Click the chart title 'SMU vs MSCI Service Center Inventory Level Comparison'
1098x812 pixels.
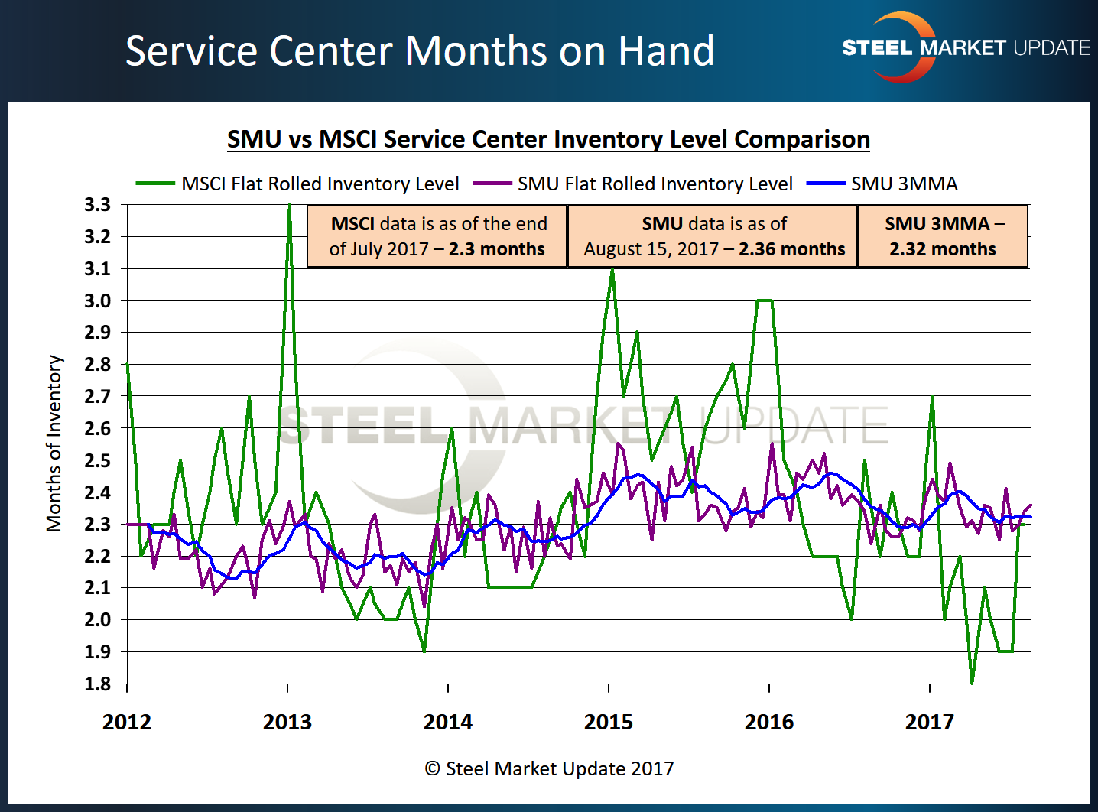(x=548, y=139)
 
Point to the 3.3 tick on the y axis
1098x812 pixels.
(x=98, y=205)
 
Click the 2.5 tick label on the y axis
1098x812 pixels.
(x=98, y=460)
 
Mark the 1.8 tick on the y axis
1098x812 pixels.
(x=98, y=684)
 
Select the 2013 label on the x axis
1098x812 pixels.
(x=287, y=722)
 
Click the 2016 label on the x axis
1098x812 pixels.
(x=769, y=722)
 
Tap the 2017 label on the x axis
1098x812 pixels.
(x=930, y=722)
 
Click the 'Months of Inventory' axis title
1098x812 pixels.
(x=54, y=443)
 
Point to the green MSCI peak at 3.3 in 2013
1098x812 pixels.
(x=289, y=206)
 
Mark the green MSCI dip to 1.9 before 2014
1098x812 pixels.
(x=424, y=651)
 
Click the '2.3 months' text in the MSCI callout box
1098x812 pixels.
(x=496, y=249)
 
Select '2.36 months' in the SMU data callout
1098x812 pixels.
(x=791, y=249)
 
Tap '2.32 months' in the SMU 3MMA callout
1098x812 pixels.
(x=942, y=249)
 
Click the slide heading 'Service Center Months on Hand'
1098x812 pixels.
(x=420, y=51)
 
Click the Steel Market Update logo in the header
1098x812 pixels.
(x=965, y=47)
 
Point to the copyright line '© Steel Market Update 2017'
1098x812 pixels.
(x=549, y=768)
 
